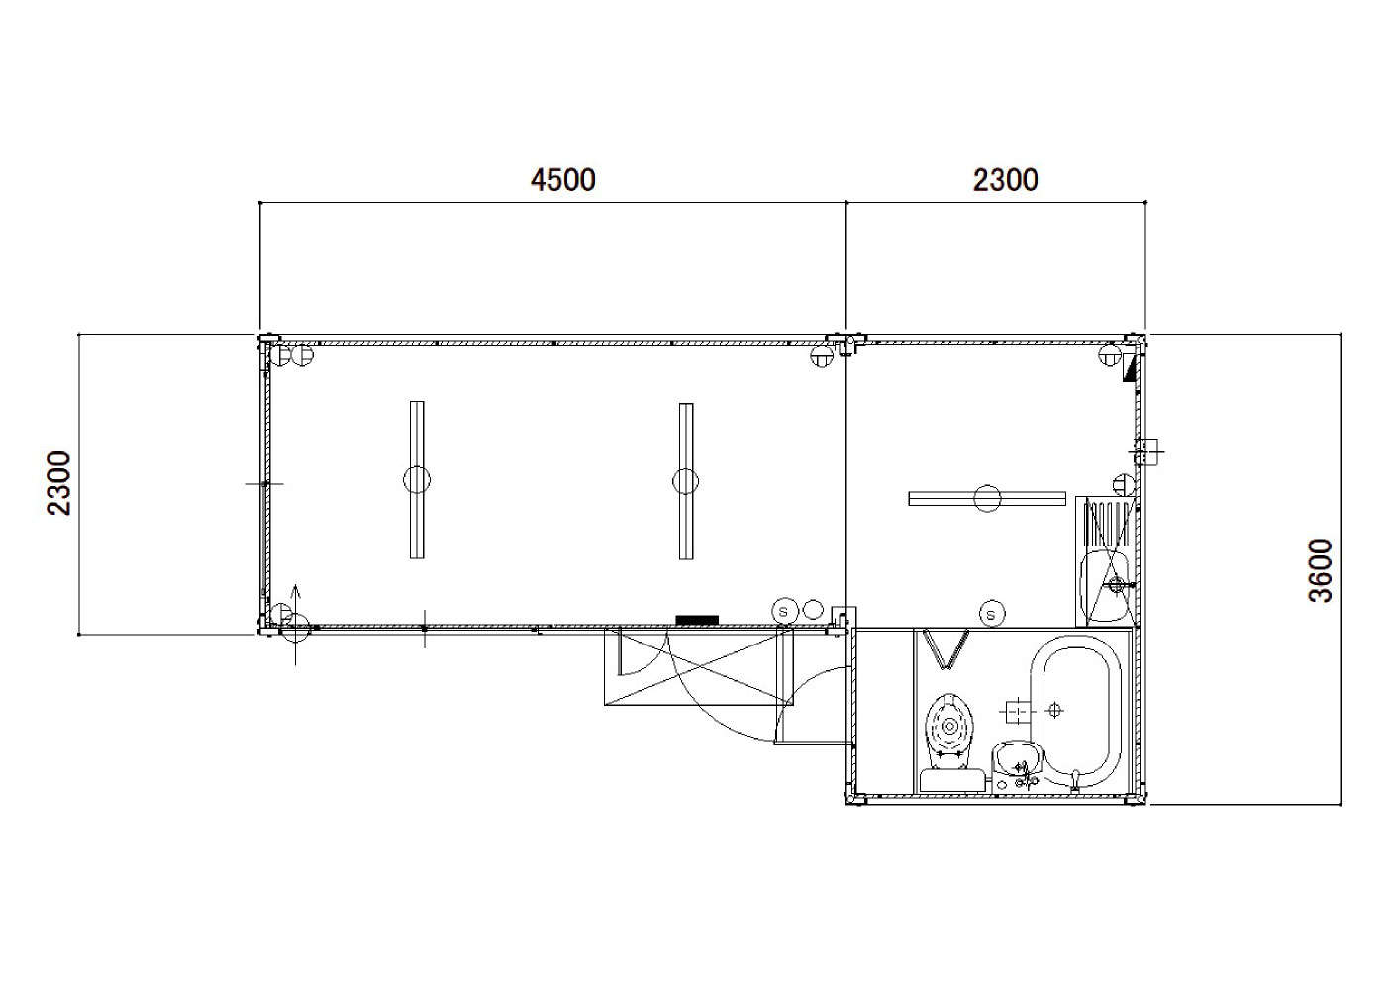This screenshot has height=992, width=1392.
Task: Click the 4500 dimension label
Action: pyautogui.click(x=563, y=179)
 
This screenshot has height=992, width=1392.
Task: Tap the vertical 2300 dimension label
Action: pyautogui.click(x=59, y=483)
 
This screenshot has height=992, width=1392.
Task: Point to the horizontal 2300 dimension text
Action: pyautogui.click(x=1005, y=180)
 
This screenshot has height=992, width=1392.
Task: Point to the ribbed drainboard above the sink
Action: pyautogui.click(x=1107, y=524)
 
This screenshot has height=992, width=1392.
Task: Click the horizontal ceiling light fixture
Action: pyautogui.click(x=987, y=499)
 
